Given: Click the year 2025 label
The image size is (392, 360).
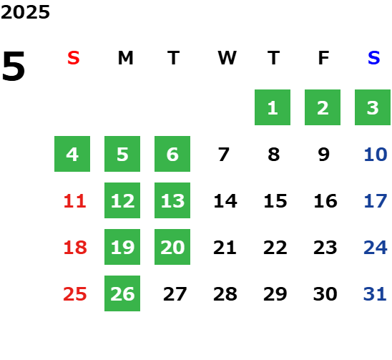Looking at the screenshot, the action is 25,12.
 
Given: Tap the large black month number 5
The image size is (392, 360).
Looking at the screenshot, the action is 14,66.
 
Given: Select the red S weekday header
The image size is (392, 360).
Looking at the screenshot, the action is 74,58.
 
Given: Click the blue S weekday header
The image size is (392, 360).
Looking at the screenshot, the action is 374,58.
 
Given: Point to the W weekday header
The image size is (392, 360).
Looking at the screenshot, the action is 227,58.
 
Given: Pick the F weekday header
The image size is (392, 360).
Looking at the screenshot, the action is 324,58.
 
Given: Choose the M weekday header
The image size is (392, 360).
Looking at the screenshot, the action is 125,58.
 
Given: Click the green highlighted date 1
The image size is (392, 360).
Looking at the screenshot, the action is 273,107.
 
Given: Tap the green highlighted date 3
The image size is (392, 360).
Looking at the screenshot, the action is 373,107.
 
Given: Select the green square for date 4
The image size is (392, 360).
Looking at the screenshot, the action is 72,154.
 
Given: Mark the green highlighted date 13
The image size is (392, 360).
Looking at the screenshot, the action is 172,200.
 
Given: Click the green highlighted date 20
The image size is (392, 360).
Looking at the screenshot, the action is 172,247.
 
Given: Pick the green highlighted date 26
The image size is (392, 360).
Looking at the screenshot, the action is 122,293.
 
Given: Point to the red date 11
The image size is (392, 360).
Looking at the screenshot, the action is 74,201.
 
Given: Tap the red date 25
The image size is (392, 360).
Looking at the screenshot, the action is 74,294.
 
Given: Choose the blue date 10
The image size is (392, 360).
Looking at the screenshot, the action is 376,155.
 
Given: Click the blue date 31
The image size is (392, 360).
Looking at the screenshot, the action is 375,294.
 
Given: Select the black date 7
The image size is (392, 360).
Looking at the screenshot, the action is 224,155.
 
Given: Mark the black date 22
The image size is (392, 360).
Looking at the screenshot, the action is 275,248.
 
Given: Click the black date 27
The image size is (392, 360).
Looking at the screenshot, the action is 175,294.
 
